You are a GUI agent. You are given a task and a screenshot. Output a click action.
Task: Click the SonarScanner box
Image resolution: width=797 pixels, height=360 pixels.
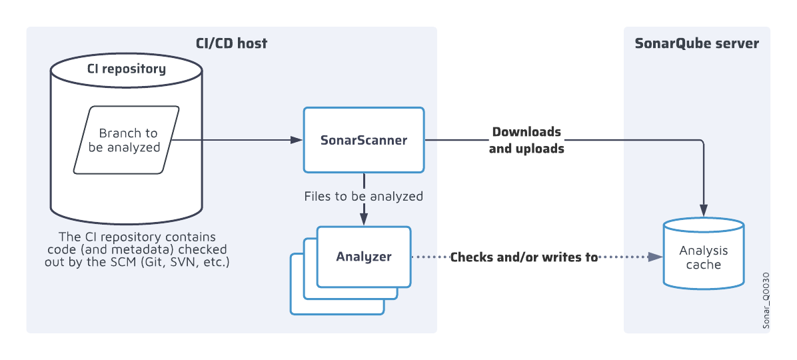(363, 140)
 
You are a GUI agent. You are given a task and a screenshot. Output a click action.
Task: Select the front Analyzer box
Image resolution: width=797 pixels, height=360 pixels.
(363, 257)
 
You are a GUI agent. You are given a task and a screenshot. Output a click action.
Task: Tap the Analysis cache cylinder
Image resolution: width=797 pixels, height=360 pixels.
(704, 257)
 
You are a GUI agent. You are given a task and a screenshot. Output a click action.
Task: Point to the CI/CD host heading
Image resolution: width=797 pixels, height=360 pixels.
(232, 43)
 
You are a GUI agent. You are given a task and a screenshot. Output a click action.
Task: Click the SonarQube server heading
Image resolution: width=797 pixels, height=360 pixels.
(696, 43)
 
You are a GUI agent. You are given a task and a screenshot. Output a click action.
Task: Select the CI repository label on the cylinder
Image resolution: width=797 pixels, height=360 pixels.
(127, 69)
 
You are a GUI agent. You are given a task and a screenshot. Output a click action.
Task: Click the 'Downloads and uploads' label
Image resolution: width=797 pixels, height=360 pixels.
(526, 140)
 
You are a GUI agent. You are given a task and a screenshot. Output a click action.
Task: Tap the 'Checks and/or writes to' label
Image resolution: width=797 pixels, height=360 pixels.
(524, 257)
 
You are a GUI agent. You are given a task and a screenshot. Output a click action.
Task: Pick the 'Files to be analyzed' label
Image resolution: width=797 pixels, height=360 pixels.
(363, 197)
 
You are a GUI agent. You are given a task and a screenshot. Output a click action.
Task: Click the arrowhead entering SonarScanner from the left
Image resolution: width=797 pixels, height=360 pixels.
(297, 140)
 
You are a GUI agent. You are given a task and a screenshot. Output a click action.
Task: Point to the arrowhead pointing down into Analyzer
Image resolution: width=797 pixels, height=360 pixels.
(364, 219)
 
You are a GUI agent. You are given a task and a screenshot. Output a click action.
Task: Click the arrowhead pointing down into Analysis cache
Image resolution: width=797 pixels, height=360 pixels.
(704, 209)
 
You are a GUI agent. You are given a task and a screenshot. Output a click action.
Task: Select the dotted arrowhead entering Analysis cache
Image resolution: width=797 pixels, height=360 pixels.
(655, 257)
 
